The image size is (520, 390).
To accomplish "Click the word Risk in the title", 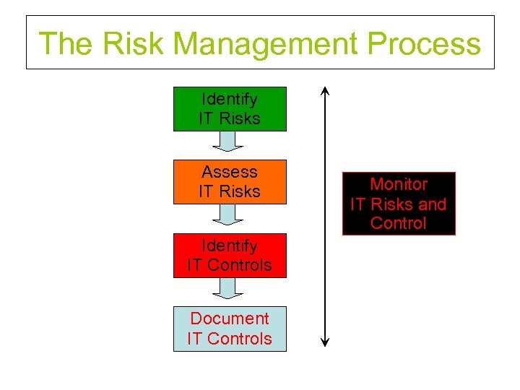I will tap(135, 43).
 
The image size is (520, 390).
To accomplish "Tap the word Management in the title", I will tap(266, 43).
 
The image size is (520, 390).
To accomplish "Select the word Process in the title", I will tap(423, 43).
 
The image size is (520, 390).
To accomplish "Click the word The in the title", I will tap(66, 43).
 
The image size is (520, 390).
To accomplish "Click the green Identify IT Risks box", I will tap(230, 109).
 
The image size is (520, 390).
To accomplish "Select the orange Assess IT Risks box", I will tap(230, 182).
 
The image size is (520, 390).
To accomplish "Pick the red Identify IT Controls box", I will tap(230, 256).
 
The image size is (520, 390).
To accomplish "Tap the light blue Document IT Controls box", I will tap(230, 329).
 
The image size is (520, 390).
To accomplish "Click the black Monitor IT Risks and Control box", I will tap(399, 204).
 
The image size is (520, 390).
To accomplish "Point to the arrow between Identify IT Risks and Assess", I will tap(230, 142).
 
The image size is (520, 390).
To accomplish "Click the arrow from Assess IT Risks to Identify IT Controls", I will tap(230, 214).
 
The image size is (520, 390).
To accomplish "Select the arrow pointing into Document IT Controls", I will tap(230, 288).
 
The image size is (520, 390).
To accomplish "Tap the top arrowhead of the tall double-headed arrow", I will tap(325, 92).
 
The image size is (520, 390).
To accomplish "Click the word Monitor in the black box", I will tap(399, 185).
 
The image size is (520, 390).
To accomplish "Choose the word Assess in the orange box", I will tap(230, 172).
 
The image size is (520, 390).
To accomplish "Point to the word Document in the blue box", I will tap(230, 318).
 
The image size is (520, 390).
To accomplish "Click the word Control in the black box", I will tap(399, 223).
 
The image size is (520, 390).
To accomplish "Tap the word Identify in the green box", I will tap(230, 99).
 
